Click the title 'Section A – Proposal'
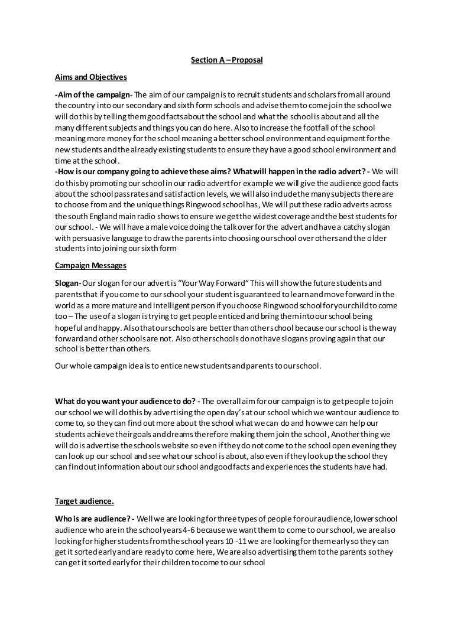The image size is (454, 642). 227,60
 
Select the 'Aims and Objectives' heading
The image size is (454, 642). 90,77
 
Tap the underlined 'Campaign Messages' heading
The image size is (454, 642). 87,266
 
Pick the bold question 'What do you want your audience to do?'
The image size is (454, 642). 127,401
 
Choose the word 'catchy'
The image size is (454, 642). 330,226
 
